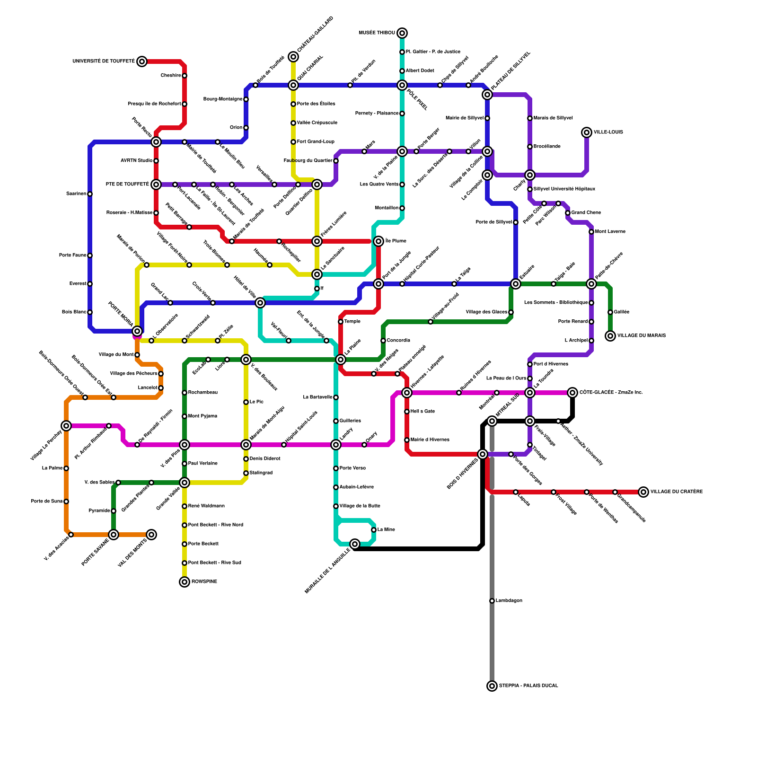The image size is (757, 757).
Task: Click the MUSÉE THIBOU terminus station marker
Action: coord(402,33)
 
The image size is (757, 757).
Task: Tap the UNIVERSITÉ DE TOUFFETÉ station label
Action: coord(104,62)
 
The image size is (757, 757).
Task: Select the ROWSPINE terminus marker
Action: coord(185,582)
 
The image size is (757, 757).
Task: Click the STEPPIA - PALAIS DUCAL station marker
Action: coord(492,686)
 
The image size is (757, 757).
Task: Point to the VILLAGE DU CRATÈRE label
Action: coord(676,492)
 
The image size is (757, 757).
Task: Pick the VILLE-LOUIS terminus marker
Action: coord(587,132)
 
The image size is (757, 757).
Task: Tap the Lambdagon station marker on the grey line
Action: coord(492,601)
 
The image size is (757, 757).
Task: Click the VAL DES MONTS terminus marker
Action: coord(151,535)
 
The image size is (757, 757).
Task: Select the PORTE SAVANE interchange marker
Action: coord(114,535)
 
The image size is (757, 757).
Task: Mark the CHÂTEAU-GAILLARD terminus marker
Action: coord(293,57)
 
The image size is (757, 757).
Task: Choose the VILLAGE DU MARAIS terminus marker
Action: coord(610,336)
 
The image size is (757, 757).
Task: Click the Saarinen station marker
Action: coord(90,194)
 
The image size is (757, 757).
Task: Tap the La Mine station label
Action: coord(386,530)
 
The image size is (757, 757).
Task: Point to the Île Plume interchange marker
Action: coord(378,241)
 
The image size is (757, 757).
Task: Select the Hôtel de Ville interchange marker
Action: coord(260,303)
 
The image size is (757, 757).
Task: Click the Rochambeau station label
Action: coord(202,393)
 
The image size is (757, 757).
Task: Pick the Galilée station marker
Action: coord(610,312)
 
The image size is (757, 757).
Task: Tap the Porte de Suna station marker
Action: coord(66,502)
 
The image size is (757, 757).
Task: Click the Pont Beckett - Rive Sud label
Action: coord(214,563)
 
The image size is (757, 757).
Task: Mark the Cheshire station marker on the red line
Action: coord(185,76)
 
